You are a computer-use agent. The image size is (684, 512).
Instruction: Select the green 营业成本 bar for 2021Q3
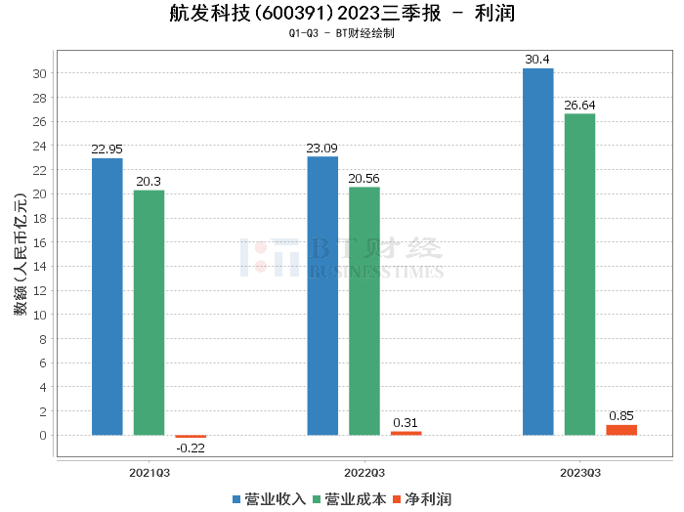[x=149, y=313]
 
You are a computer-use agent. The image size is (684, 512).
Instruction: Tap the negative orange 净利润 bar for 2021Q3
[x=191, y=436]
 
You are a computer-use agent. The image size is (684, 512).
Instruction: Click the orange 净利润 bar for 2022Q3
[x=406, y=433]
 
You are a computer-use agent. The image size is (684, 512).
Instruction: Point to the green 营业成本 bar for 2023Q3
[x=579, y=274]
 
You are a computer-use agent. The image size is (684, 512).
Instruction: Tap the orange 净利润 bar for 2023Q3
[x=621, y=430]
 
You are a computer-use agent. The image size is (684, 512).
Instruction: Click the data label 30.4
[x=537, y=60]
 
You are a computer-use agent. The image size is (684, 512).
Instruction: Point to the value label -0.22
[x=191, y=448]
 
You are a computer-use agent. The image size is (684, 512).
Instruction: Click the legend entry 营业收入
[x=269, y=499]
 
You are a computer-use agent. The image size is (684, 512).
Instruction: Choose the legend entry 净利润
[x=421, y=499]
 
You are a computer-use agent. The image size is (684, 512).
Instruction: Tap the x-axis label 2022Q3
[x=363, y=472]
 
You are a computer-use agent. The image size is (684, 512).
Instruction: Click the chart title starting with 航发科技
[x=341, y=14]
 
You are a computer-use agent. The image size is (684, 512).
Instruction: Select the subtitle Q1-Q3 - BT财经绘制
[x=341, y=34]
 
